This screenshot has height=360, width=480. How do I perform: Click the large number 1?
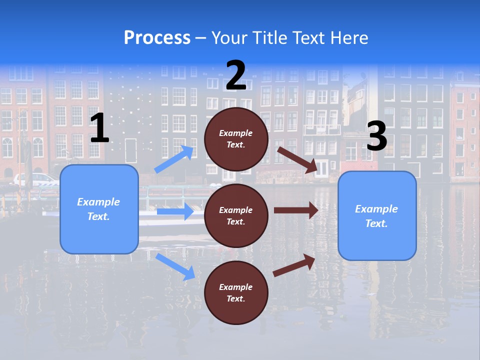click(x=99, y=128)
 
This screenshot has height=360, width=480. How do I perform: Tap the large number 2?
click(x=236, y=76)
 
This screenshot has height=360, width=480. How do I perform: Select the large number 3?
click(x=376, y=136)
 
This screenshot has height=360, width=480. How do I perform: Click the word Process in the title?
click(x=157, y=37)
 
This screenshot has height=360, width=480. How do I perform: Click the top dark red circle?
click(x=236, y=139)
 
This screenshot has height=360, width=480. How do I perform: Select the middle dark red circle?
click(x=236, y=215)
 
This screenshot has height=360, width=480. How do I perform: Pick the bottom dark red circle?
click(x=236, y=292)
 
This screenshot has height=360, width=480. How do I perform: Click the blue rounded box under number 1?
click(x=99, y=209)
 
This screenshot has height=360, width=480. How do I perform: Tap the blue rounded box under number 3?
click(x=377, y=215)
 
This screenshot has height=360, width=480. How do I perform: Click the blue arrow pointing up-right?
click(x=174, y=159)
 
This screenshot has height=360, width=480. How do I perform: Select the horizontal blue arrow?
click(x=175, y=211)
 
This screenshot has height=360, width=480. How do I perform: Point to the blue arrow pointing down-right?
click(x=175, y=266)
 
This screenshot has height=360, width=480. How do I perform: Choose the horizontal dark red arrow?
click(x=296, y=210)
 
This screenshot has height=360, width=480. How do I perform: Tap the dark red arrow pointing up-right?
click(x=294, y=265)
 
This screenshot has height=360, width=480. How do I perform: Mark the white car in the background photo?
click(x=37, y=179)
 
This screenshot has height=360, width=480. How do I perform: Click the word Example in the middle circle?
click(x=235, y=210)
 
